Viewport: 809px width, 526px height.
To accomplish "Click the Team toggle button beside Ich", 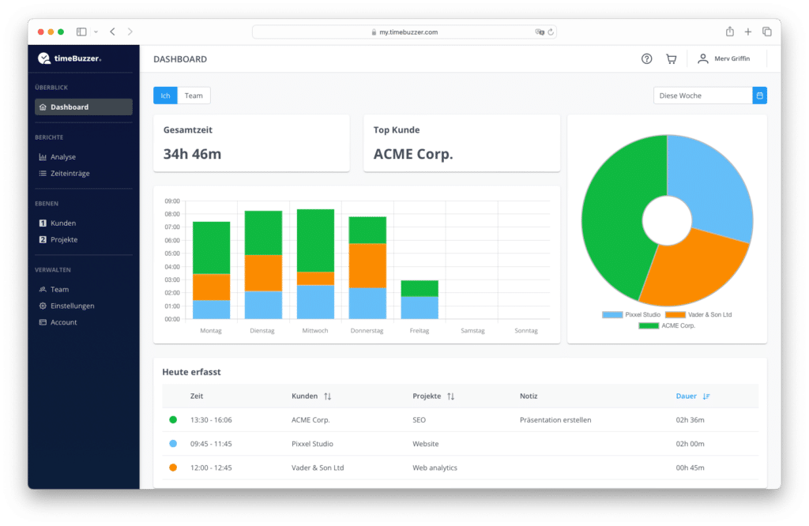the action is pyautogui.click(x=194, y=96).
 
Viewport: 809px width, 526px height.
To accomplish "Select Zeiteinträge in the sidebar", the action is pyautogui.click(x=70, y=173).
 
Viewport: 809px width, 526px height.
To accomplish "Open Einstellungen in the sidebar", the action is pyautogui.click(x=72, y=306).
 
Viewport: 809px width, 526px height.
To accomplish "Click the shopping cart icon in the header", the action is pyautogui.click(x=671, y=58).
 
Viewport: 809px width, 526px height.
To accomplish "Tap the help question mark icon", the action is pyautogui.click(x=646, y=58).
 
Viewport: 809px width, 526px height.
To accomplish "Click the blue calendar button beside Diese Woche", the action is pyautogui.click(x=759, y=96).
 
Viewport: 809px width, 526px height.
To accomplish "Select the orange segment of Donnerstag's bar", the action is pyautogui.click(x=367, y=265).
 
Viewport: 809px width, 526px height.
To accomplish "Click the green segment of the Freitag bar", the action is pyautogui.click(x=420, y=288).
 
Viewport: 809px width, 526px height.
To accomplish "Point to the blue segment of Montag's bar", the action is pyautogui.click(x=211, y=310).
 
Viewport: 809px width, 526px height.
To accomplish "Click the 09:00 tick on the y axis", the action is pyautogui.click(x=171, y=201).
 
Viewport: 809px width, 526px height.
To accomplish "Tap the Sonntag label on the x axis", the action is pyautogui.click(x=525, y=331).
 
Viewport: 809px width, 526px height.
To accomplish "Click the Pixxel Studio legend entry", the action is pyautogui.click(x=631, y=314).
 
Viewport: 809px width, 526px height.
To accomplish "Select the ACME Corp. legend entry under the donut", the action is pyautogui.click(x=667, y=325).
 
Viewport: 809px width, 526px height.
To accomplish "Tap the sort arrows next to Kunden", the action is pyautogui.click(x=328, y=396).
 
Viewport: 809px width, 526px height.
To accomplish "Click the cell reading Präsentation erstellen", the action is pyautogui.click(x=555, y=419).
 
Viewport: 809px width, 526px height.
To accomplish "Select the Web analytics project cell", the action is pyautogui.click(x=435, y=468).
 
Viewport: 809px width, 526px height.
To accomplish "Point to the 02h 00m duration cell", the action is pyautogui.click(x=690, y=444).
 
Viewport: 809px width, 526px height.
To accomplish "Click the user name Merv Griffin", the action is pyautogui.click(x=732, y=58).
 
